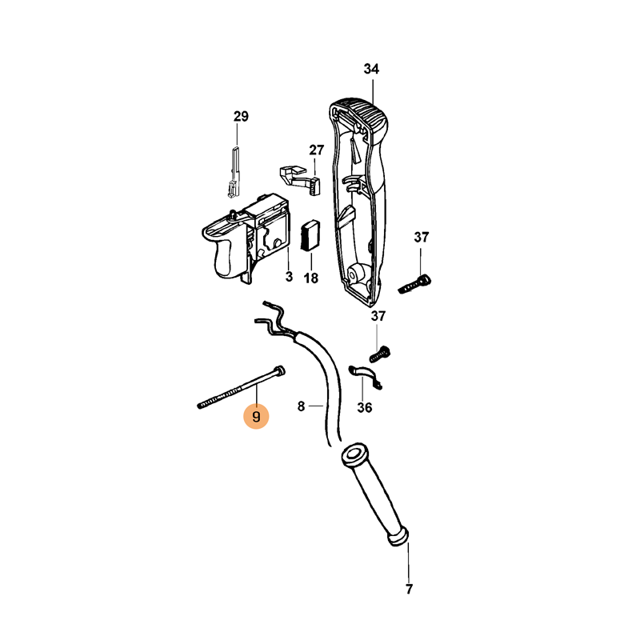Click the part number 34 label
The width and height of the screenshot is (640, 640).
click(371, 69)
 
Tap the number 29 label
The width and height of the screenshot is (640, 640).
click(241, 116)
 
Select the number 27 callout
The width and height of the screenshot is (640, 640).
click(316, 150)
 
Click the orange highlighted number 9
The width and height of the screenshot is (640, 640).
click(256, 417)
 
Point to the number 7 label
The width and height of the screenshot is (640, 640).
click(409, 589)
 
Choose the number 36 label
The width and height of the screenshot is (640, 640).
click(365, 407)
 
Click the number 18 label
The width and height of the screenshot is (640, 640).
click(311, 278)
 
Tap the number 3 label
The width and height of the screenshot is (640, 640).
click(289, 277)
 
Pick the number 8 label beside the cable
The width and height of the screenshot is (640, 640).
click(302, 406)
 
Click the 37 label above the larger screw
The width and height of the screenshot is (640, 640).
click(422, 237)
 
